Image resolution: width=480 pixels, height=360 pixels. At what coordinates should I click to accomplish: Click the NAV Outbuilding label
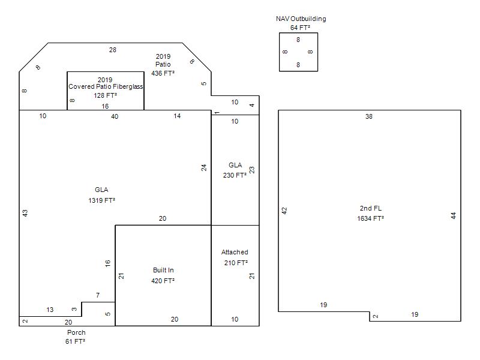(x=301, y=19)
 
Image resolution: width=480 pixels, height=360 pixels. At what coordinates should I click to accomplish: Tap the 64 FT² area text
(x=301, y=28)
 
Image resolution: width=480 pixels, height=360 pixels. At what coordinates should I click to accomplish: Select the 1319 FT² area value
(x=101, y=200)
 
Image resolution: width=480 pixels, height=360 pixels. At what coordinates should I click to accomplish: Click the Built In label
(x=163, y=270)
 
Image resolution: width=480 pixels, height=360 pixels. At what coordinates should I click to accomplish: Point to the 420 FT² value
(x=163, y=281)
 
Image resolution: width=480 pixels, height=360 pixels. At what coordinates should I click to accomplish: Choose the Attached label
(x=235, y=252)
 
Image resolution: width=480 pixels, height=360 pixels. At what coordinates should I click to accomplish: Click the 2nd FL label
(x=371, y=208)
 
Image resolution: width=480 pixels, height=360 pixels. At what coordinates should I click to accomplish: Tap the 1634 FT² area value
(x=371, y=218)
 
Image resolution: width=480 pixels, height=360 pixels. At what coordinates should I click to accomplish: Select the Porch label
(x=76, y=332)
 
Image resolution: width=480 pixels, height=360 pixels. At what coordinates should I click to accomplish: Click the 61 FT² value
(x=76, y=341)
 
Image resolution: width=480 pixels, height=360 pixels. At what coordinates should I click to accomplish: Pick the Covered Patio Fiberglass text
(x=106, y=86)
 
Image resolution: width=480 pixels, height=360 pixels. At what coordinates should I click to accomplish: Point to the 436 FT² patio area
(x=163, y=73)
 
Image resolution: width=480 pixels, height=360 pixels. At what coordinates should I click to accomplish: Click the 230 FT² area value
(x=235, y=176)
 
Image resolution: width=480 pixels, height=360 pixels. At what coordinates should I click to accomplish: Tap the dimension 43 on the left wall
(x=25, y=213)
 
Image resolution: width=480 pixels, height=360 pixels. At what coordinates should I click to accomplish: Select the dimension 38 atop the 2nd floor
(x=369, y=116)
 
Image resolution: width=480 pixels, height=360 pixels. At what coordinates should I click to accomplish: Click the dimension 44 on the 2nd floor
(x=454, y=215)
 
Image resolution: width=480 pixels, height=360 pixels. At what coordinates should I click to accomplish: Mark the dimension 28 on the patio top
(x=113, y=50)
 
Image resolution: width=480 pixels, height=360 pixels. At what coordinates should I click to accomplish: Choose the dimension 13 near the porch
(x=50, y=310)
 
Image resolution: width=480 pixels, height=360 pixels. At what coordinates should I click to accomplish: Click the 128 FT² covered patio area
(x=105, y=95)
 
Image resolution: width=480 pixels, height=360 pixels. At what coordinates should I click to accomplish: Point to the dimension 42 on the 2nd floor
(x=285, y=211)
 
